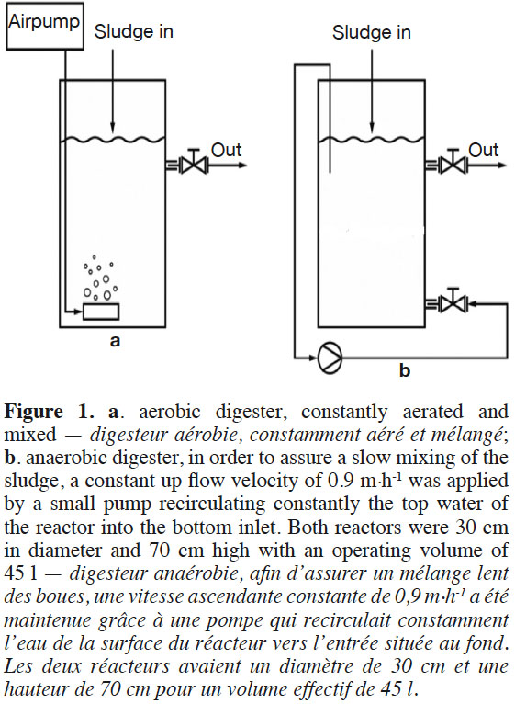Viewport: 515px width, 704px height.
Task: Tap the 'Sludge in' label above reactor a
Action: (x=134, y=32)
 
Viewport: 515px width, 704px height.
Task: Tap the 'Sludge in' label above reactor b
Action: (x=372, y=33)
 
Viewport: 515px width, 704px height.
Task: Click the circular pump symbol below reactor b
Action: (x=330, y=358)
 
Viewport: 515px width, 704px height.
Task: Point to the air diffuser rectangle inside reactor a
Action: (x=101, y=312)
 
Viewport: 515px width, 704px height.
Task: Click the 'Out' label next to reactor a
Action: (x=226, y=150)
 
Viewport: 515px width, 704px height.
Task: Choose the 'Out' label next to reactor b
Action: (x=484, y=150)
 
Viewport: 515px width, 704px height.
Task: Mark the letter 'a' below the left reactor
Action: (x=116, y=341)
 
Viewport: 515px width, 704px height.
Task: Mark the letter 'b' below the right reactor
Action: (x=405, y=370)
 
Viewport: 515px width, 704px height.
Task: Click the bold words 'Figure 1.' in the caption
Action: (x=50, y=412)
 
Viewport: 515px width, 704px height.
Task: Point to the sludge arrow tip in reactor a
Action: (x=112, y=131)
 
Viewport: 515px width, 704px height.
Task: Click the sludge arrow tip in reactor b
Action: (x=372, y=131)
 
